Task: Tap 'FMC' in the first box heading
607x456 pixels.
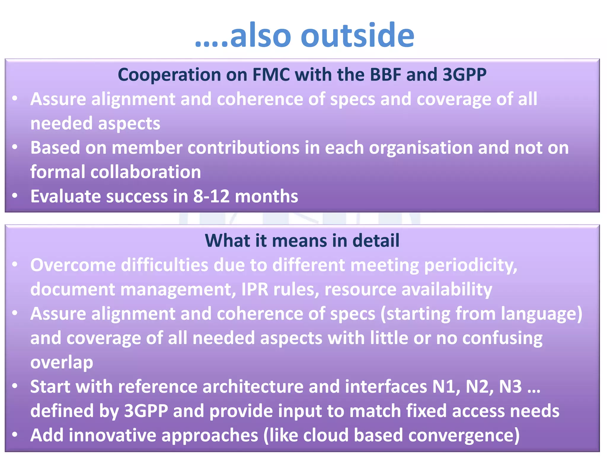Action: [x=271, y=75]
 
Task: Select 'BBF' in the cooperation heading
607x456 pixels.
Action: [x=385, y=75]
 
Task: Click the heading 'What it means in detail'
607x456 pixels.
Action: [x=302, y=240]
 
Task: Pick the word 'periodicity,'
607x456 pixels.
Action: [x=471, y=265]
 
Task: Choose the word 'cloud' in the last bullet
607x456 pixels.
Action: [x=325, y=435]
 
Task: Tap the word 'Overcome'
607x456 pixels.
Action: [x=73, y=265]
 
